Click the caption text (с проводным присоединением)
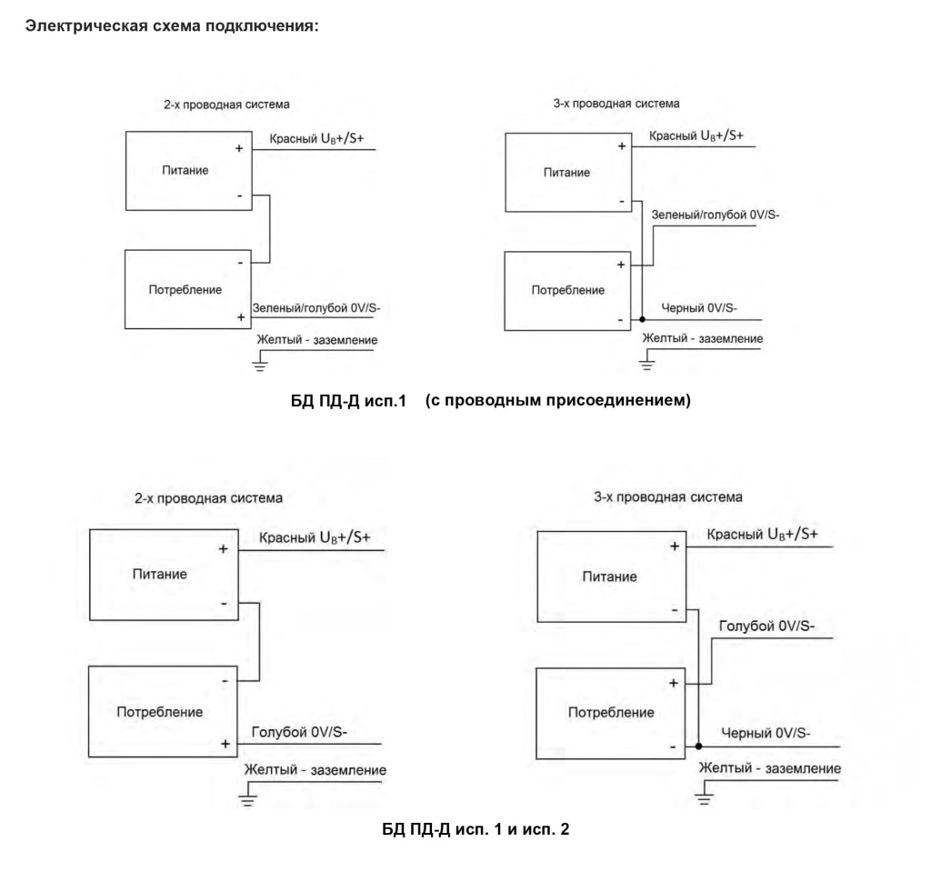pyautogui.click(x=558, y=400)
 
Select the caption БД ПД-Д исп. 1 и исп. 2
pyautogui.click(x=476, y=828)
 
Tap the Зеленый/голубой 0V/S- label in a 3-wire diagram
pyautogui.click(x=716, y=215)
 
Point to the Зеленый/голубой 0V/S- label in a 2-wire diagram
pyautogui.click(x=316, y=307)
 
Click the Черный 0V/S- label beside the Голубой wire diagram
pyautogui.click(x=766, y=733)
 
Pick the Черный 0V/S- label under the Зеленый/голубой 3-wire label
pyautogui.click(x=699, y=307)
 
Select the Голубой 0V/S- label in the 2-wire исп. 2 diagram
pyautogui.click(x=299, y=732)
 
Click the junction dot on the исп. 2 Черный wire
pyautogui.click(x=699, y=747)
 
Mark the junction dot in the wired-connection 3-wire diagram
pyautogui.click(x=643, y=319)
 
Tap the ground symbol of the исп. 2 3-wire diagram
pyautogui.click(x=705, y=792)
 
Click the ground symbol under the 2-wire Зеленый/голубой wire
pyautogui.click(x=259, y=361)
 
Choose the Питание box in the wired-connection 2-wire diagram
pyautogui.click(x=189, y=171)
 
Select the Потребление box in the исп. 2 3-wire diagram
pyautogui.click(x=610, y=714)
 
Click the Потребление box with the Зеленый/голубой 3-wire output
pyautogui.click(x=567, y=291)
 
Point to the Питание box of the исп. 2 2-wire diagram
pyautogui.click(x=164, y=575)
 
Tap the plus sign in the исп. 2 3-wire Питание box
pyautogui.click(x=675, y=546)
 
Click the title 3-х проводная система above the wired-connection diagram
pyautogui.click(x=616, y=104)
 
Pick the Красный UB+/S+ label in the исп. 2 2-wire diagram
pyautogui.click(x=315, y=537)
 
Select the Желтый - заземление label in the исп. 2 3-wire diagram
pyautogui.click(x=769, y=768)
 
